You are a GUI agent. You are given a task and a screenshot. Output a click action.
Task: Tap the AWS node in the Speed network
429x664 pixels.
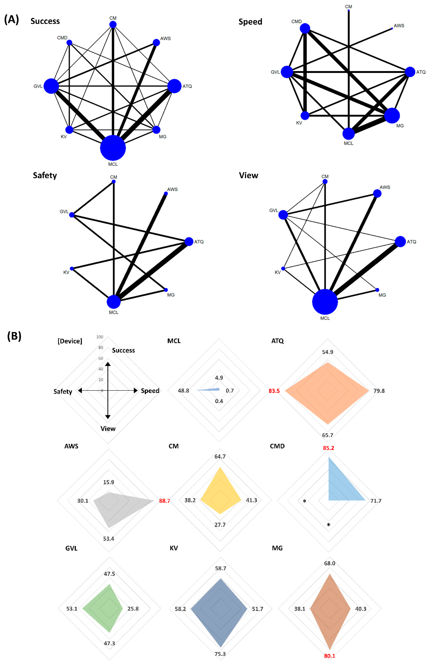(392, 28)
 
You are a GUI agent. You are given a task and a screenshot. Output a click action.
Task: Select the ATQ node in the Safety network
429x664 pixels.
(189, 241)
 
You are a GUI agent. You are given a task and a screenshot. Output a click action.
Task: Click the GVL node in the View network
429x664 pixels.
(283, 215)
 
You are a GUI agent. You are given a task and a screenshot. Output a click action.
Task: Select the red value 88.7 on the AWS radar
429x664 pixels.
(164, 501)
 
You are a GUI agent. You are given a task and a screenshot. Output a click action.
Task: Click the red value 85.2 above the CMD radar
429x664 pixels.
(328, 448)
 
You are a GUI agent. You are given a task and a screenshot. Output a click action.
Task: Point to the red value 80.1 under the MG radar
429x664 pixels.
(330, 656)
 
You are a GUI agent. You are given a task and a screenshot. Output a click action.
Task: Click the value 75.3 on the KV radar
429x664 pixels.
(220, 654)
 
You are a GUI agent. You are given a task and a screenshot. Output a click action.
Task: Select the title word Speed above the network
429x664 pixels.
(250, 22)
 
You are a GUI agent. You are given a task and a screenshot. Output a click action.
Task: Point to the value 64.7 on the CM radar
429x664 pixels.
(220, 456)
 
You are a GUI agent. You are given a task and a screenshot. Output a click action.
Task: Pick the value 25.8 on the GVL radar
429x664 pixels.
(133, 609)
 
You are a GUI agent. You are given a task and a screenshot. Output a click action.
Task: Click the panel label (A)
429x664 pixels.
(11, 20)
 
